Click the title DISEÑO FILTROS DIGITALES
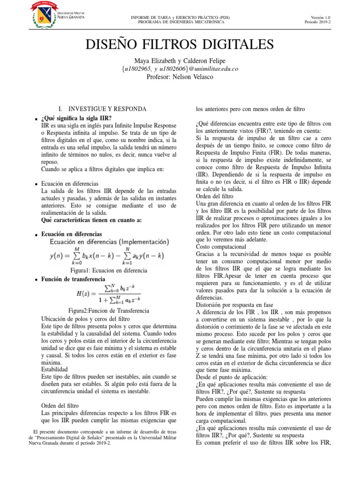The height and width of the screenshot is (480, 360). [180, 45]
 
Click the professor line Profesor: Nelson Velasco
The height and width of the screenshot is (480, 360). [180, 77]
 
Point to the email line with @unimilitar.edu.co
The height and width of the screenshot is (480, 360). [180, 69]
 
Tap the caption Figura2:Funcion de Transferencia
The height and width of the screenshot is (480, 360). [102, 311]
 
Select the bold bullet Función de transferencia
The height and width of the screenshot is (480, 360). [73, 279]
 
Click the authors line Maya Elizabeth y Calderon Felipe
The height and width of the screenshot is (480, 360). [180, 61]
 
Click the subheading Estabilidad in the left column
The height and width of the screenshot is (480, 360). [54, 369]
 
